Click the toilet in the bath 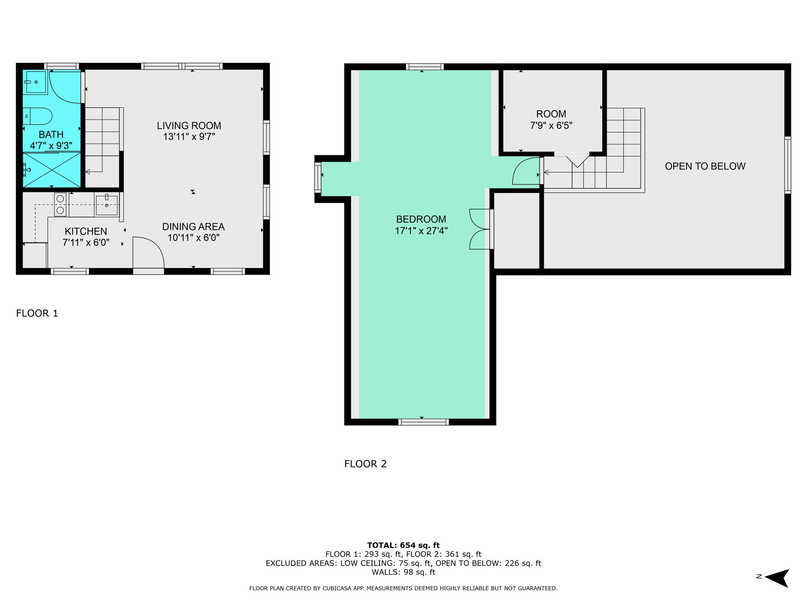point(37,116)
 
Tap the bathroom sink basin point(35,82)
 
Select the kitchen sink point(106,205)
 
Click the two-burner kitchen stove point(60,204)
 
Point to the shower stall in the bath point(52,170)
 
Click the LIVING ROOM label point(189,126)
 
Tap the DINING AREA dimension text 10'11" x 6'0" point(193,238)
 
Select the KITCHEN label point(86,231)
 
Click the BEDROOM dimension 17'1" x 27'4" point(421,231)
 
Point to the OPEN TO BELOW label point(705,166)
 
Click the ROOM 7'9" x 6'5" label point(551,120)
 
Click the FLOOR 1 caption point(37,313)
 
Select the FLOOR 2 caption point(365,464)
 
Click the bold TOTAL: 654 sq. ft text point(403,545)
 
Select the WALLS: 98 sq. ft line point(403,572)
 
